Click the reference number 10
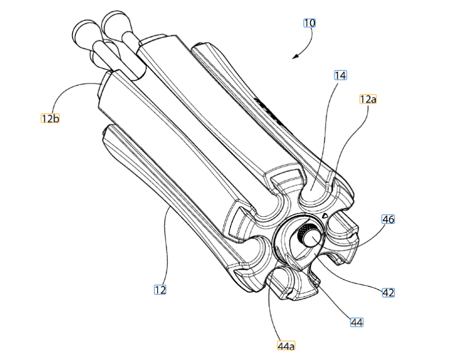[x=309, y=23]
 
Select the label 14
[x=340, y=75]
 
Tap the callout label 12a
[x=368, y=99]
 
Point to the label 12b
[x=50, y=118]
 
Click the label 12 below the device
[x=160, y=290]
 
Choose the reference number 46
[x=388, y=219]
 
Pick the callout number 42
[x=388, y=293]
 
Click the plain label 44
[x=356, y=322]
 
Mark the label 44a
[x=286, y=346]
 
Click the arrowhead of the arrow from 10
[x=295, y=56]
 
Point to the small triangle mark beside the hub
[x=324, y=216]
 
